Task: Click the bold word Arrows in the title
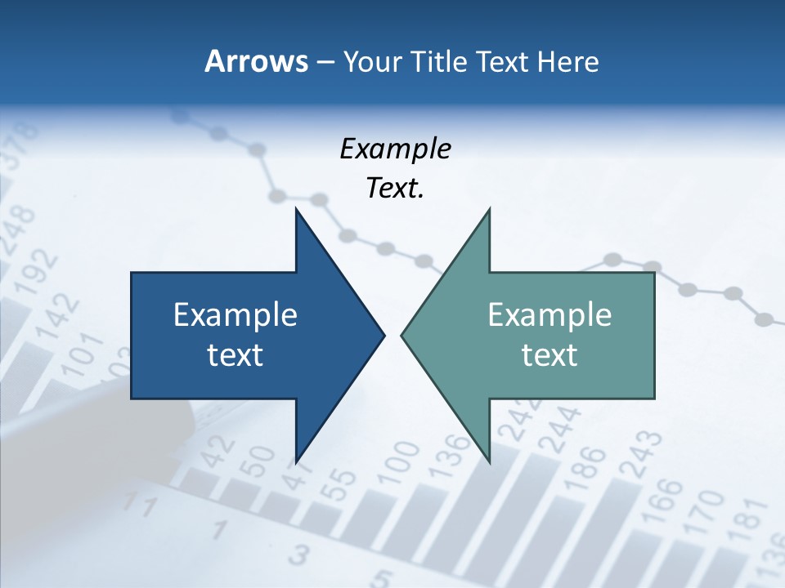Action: click(256, 61)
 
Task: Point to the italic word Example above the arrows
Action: click(395, 149)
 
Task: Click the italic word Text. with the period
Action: click(395, 189)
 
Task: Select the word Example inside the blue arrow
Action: click(235, 314)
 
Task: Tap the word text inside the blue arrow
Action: click(235, 355)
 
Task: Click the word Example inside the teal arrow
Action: click(549, 314)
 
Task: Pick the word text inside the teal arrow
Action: click(549, 355)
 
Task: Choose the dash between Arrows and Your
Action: click(325, 62)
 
